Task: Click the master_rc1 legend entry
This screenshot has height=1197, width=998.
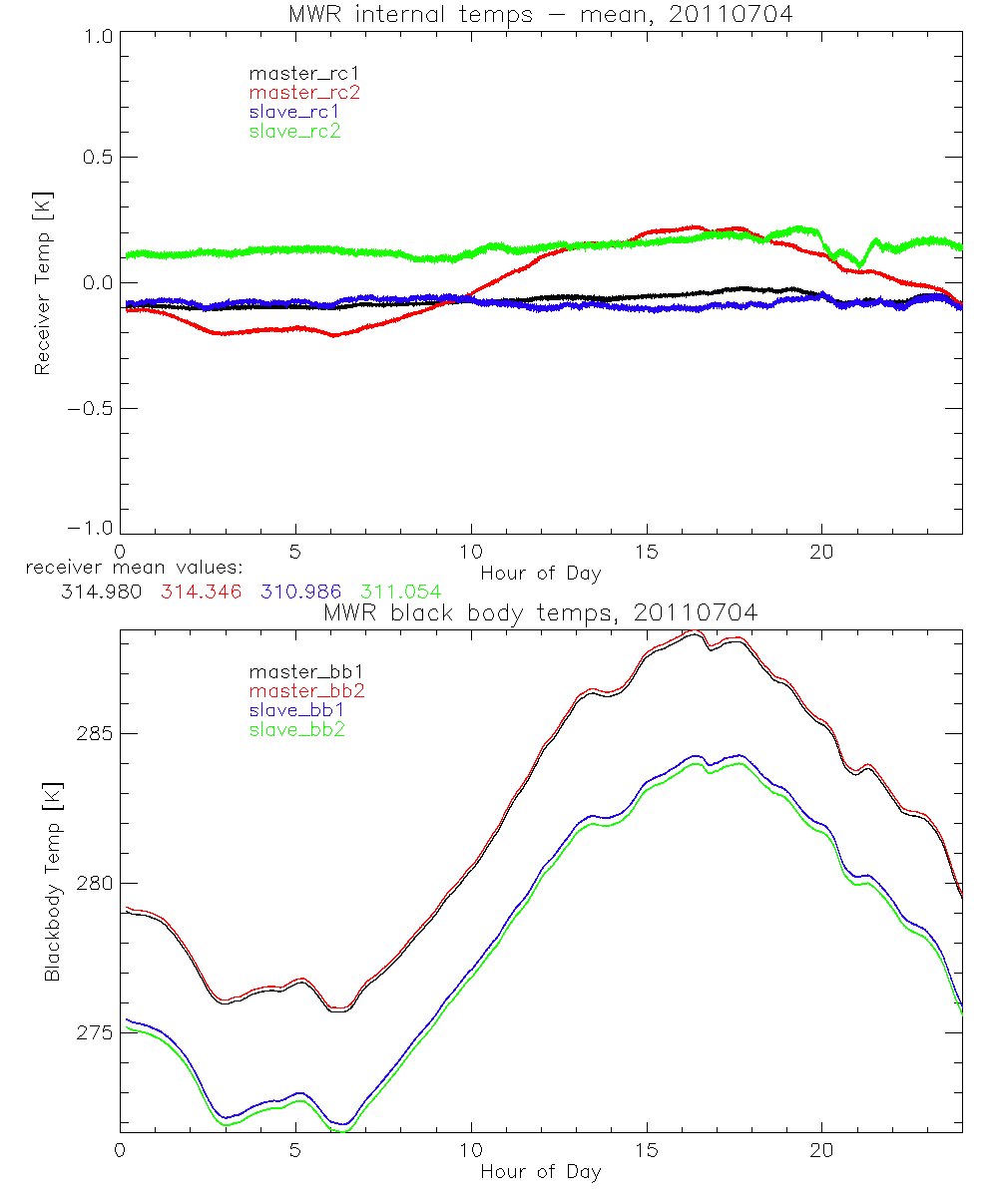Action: (296, 73)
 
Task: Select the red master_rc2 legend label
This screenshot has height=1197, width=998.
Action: (303, 92)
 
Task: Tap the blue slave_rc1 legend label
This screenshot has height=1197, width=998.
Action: (294, 111)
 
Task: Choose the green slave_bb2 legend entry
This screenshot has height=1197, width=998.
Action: (297, 730)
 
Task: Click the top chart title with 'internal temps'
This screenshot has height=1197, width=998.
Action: (540, 15)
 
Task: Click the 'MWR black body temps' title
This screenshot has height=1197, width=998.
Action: (540, 613)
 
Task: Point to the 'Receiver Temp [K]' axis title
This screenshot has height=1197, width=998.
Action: (42, 281)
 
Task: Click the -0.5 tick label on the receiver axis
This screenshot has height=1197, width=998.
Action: (90, 408)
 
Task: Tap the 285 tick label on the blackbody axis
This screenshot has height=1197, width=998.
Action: (95, 733)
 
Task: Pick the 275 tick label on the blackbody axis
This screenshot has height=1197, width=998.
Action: (95, 1032)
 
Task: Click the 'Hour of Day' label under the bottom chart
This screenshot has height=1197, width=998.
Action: (540, 1172)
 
